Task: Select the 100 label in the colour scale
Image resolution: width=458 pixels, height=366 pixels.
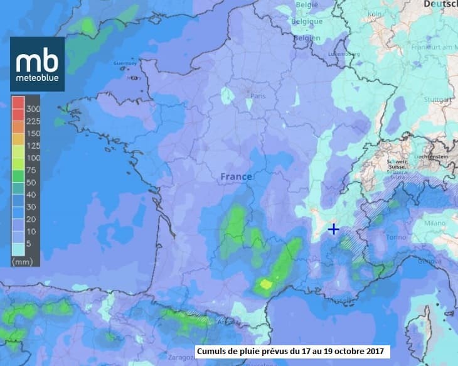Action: coord(32,158)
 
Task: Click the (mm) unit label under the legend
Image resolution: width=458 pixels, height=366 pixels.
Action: coord(24,261)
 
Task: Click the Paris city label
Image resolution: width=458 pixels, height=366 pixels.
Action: coord(258,96)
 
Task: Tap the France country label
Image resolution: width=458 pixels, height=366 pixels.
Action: coord(236,177)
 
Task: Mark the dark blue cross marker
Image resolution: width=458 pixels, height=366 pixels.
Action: coord(334,229)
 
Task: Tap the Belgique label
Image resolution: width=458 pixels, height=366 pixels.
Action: coord(307,21)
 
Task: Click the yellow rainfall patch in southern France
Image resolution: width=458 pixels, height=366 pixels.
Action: coord(267,284)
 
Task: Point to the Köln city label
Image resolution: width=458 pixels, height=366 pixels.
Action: coord(375,14)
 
